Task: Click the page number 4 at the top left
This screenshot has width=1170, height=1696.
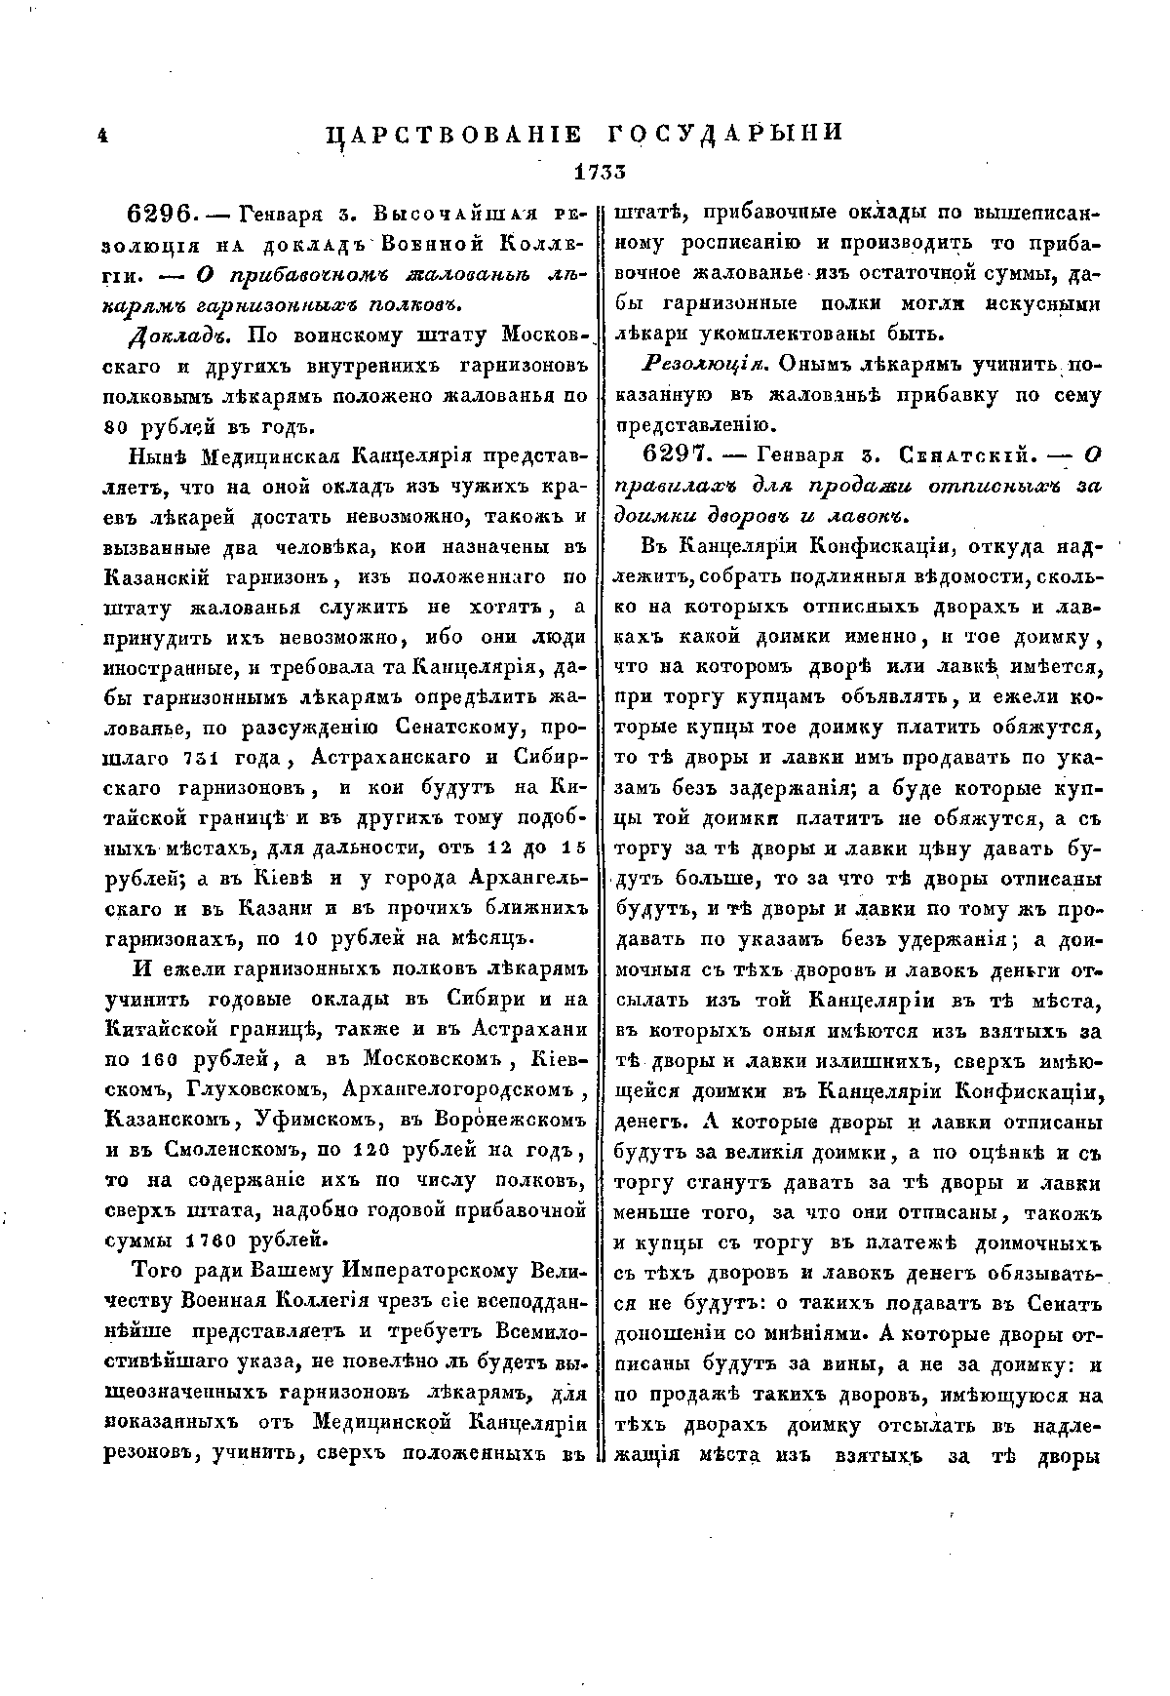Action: [x=101, y=137]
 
